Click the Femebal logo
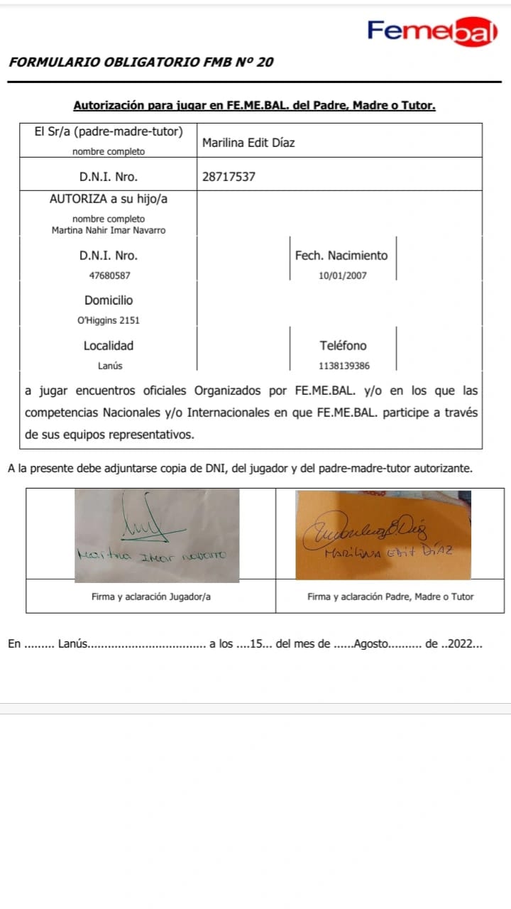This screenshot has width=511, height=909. click(x=432, y=31)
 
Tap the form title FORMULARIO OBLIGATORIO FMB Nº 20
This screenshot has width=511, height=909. click(x=141, y=62)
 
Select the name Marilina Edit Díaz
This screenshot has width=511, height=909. click(x=248, y=143)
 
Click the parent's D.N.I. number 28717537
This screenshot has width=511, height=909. click(x=229, y=177)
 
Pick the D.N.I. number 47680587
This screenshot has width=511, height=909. click(x=109, y=275)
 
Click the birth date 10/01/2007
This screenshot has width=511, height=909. click(x=343, y=275)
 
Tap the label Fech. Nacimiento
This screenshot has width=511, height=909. click(x=342, y=256)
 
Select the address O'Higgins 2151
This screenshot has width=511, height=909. click(x=109, y=320)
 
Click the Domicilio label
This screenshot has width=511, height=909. click(x=109, y=300)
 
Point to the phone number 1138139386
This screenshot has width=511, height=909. click(x=344, y=366)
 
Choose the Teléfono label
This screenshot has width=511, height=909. click(x=344, y=346)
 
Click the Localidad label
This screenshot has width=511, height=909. click(x=109, y=346)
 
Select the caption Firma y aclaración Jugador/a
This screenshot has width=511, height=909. click(x=151, y=597)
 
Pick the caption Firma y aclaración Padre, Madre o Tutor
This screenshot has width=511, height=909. click(x=390, y=597)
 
